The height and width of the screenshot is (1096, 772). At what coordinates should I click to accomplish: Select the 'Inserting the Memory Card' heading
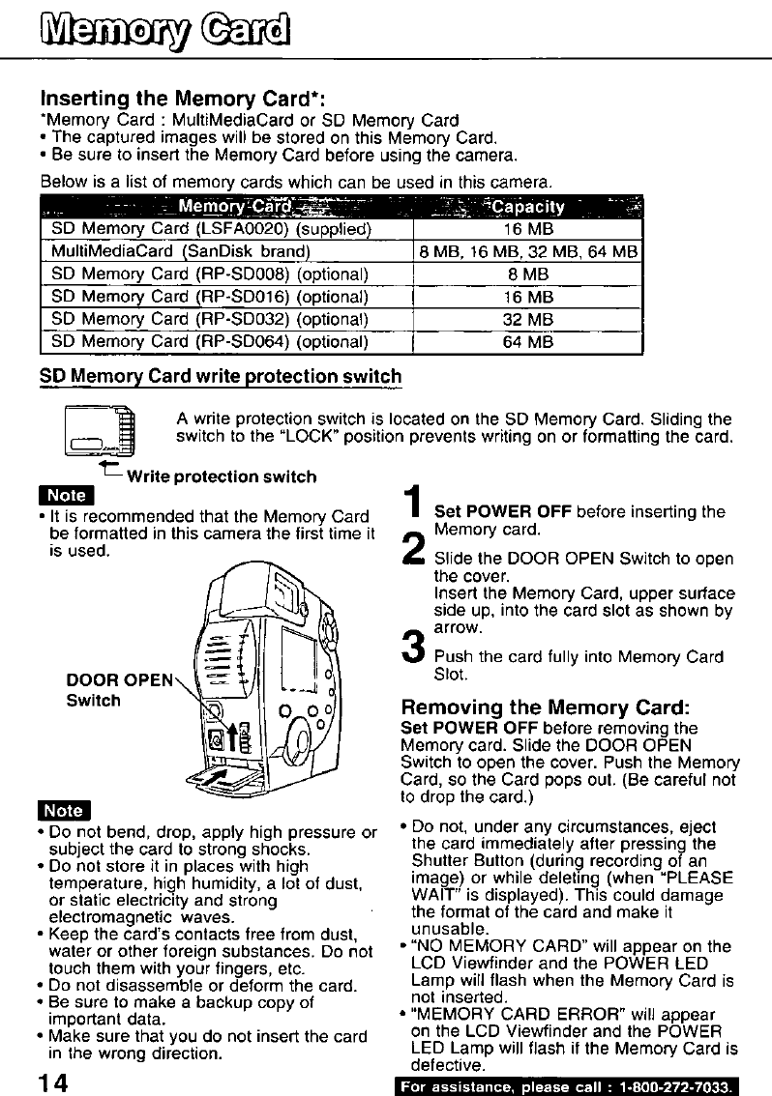(182, 99)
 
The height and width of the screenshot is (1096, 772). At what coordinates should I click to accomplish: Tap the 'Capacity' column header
(526, 207)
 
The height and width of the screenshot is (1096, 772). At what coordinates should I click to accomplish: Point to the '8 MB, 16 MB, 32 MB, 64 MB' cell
(527, 252)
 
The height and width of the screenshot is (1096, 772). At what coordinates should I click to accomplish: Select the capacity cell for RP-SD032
(527, 318)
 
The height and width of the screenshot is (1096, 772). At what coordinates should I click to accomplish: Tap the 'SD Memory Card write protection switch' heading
(221, 376)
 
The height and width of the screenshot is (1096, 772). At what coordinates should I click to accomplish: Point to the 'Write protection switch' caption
(222, 476)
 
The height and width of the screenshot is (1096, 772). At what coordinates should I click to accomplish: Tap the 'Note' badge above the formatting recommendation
(63, 497)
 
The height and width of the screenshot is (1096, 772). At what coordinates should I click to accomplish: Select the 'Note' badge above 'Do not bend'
(63, 810)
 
